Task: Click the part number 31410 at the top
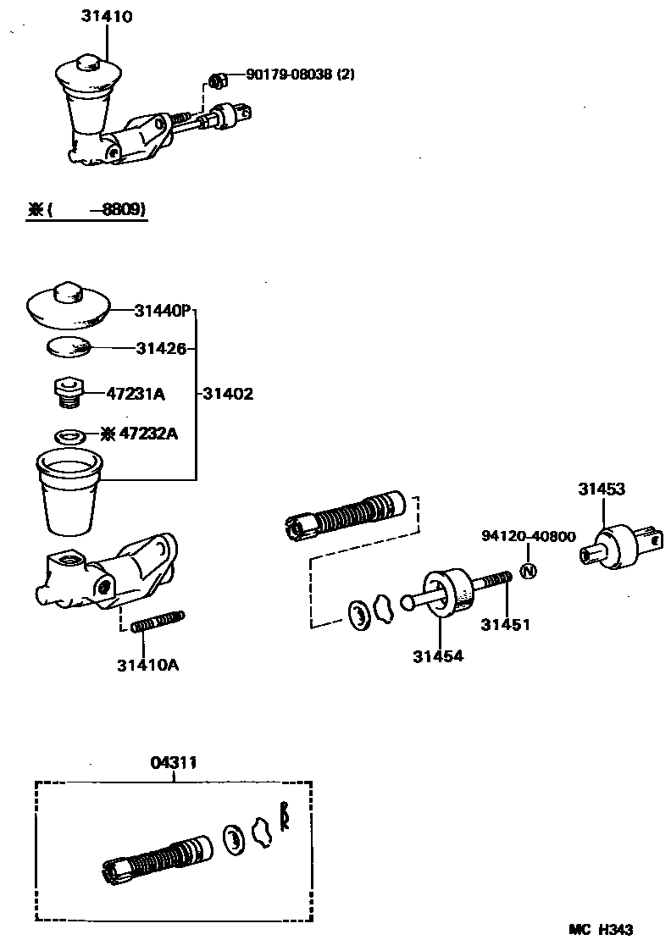[x=107, y=16]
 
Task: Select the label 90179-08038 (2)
[x=300, y=75]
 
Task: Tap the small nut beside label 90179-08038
[x=216, y=81]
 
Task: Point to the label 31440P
[x=162, y=311]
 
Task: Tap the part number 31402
[x=228, y=394]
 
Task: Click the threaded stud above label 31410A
[x=158, y=622]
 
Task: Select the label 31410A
[x=148, y=664]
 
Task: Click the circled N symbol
[x=527, y=571]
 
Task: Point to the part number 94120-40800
[x=528, y=536]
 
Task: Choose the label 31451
[x=505, y=625]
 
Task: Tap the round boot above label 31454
[x=447, y=590]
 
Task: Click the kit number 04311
[x=174, y=762]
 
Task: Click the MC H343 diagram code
[x=601, y=929]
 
